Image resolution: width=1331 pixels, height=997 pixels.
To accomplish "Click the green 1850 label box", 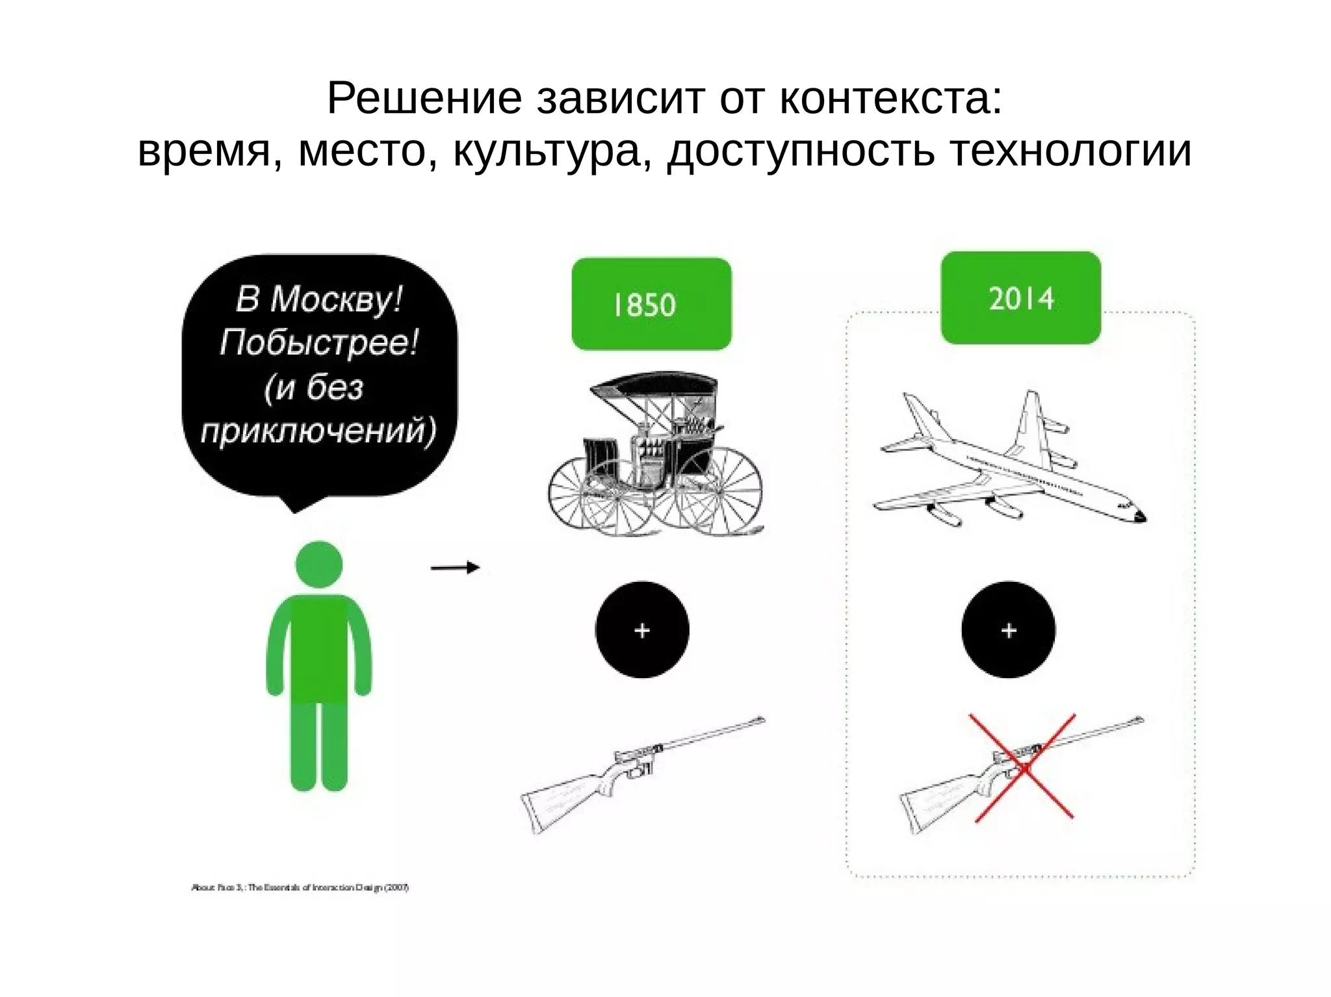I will pyautogui.click(x=651, y=304).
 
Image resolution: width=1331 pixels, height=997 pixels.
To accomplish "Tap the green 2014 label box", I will pyautogui.click(x=1020, y=298).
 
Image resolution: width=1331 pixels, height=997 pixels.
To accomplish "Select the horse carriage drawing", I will pyautogui.click(x=655, y=455).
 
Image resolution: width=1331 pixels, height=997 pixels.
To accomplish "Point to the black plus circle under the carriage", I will pyautogui.click(x=642, y=630).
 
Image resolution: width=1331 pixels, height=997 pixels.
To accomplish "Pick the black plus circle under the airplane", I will pyautogui.click(x=1008, y=630).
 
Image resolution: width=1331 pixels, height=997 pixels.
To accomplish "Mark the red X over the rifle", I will pyautogui.click(x=1023, y=768).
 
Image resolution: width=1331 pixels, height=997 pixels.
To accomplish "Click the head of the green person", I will pyautogui.click(x=318, y=564).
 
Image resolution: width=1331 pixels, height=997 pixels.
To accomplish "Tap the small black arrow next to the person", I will pyautogui.click(x=455, y=568).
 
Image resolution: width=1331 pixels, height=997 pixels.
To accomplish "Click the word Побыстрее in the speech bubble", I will pyautogui.click(x=318, y=342).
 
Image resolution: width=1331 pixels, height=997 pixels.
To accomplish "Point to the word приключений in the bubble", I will pyautogui.click(x=318, y=431).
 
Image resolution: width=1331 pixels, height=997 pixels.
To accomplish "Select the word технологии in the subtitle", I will pyautogui.click(x=1070, y=151).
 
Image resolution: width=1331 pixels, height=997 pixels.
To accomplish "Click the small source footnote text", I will pyautogui.click(x=300, y=887).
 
